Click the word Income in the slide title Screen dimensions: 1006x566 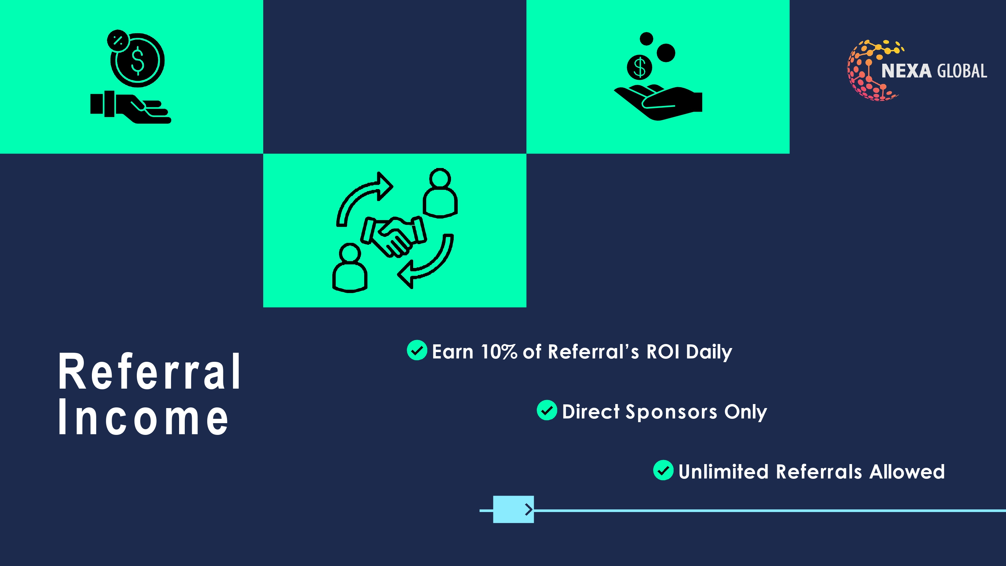143,417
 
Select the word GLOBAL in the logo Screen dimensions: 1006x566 962,71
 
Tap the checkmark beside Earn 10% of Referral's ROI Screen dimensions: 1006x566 417,350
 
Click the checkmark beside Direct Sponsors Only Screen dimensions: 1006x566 547,410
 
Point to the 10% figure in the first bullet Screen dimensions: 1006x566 499,351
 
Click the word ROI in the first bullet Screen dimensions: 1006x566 663,351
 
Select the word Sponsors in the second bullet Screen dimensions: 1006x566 671,412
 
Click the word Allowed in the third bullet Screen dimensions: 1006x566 907,471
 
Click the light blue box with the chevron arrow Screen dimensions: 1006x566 513,509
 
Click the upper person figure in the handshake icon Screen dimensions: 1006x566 440,192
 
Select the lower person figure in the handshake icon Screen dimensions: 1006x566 349,268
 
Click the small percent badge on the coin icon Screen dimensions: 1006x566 118,40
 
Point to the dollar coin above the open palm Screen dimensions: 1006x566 639,67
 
